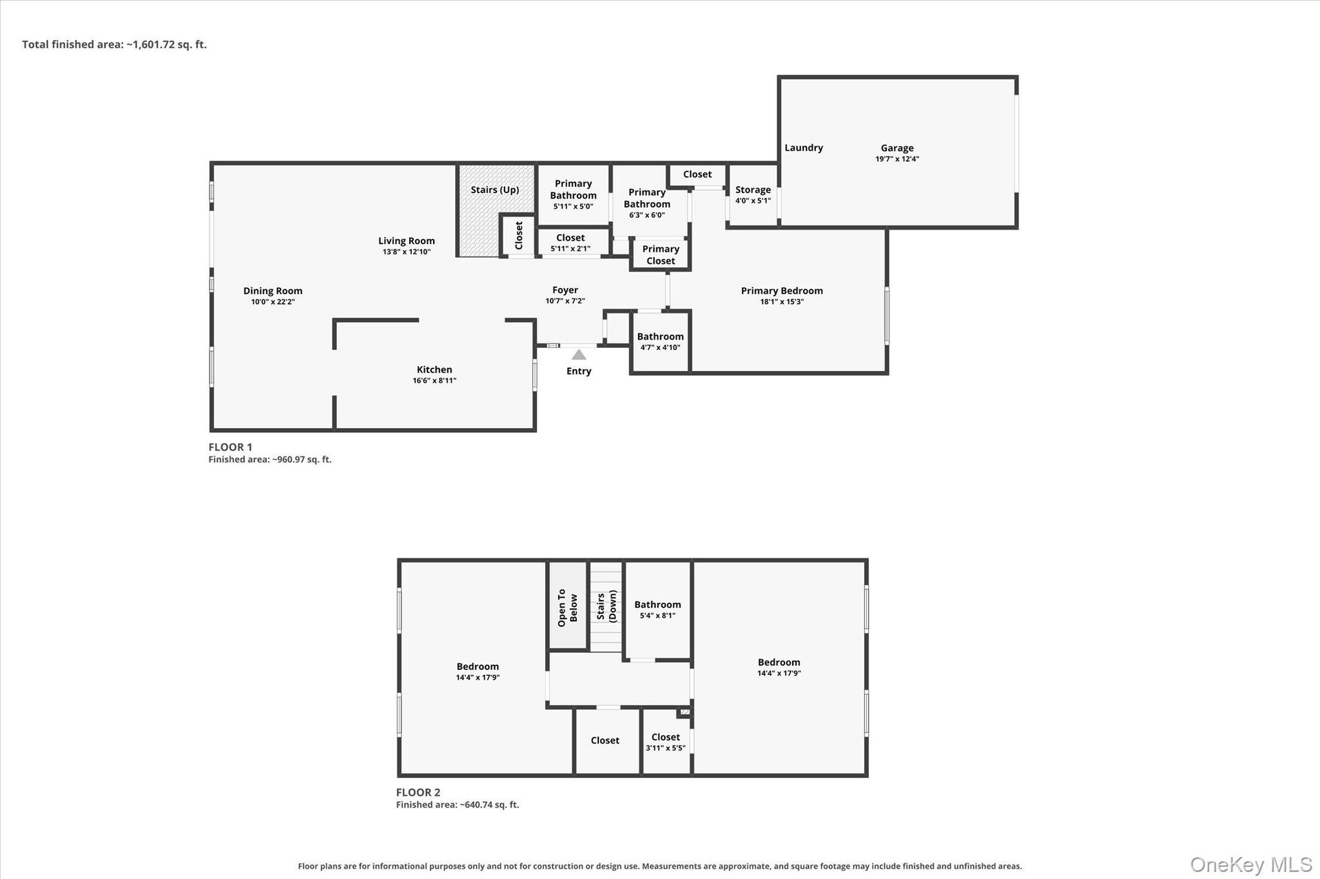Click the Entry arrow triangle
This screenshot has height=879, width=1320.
pyautogui.click(x=579, y=355)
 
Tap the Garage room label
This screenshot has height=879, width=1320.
pyautogui.click(x=897, y=148)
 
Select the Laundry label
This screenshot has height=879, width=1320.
pyautogui.click(x=804, y=148)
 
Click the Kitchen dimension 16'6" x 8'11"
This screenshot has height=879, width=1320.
pyautogui.click(x=434, y=381)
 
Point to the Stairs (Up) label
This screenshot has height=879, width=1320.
pyautogui.click(x=495, y=190)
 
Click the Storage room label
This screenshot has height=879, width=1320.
pyautogui.click(x=753, y=190)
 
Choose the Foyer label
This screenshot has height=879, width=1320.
pyautogui.click(x=565, y=290)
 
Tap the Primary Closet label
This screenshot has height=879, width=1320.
pyautogui.click(x=661, y=255)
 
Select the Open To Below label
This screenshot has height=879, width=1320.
pyautogui.click(x=568, y=608)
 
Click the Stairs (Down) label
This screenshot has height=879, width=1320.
pyautogui.click(x=606, y=605)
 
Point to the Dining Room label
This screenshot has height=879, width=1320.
pyautogui.click(x=273, y=291)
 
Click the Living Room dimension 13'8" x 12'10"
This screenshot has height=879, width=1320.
pyautogui.click(x=406, y=252)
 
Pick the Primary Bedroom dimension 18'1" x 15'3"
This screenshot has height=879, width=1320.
pyautogui.click(x=782, y=302)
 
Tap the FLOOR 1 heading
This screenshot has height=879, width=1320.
pyautogui.click(x=230, y=447)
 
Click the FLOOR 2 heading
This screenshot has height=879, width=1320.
pyautogui.click(x=418, y=792)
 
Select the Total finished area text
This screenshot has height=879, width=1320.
pyautogui.click(x=114, y=45)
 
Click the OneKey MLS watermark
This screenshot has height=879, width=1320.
pyautogui.click(x=1251, y=865)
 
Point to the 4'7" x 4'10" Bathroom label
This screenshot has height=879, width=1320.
pyautogui.click(x=660, y=342)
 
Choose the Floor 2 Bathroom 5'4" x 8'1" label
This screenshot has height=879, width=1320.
pyautogui.click(x=658, y=610)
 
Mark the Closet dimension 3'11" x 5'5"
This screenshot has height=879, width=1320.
pyautogui.click(x=665, y=748)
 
